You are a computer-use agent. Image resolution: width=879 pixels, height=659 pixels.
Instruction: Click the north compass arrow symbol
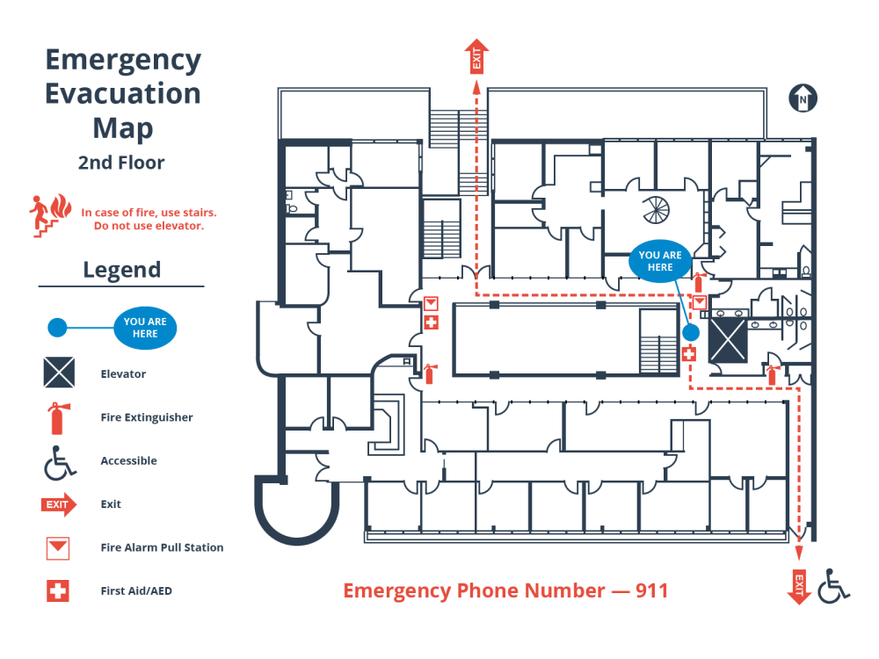[803, 98]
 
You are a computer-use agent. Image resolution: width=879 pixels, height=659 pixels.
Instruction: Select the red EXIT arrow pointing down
[799, 586]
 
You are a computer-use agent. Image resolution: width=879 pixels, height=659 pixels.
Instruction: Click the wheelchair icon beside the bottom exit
[833, 586]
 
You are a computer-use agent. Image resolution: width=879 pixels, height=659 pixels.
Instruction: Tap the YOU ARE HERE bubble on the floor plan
[660, 261]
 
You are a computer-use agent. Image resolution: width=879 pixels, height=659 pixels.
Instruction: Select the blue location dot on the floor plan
[691, 333]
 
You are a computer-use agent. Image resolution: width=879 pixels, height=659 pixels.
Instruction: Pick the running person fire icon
[49, 214]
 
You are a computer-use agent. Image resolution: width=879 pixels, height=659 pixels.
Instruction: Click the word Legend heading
[121, 270]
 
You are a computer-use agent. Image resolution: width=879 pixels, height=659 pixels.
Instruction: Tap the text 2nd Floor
[121, 163]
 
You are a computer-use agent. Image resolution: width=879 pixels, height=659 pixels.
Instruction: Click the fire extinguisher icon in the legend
[57, 417]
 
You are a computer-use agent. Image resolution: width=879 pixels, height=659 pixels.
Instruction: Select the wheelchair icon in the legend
[59, 461]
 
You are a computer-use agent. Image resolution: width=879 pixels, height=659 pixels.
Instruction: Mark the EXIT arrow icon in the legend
[59, 504]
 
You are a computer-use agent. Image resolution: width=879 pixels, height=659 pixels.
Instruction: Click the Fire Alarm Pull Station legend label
[162, 547]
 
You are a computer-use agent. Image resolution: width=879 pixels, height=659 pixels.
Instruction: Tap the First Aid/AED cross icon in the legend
[58, 591]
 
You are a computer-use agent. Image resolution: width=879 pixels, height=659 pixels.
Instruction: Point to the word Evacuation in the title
[123, 93]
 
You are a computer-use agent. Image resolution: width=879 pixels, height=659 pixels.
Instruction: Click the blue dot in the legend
[56, 329]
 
